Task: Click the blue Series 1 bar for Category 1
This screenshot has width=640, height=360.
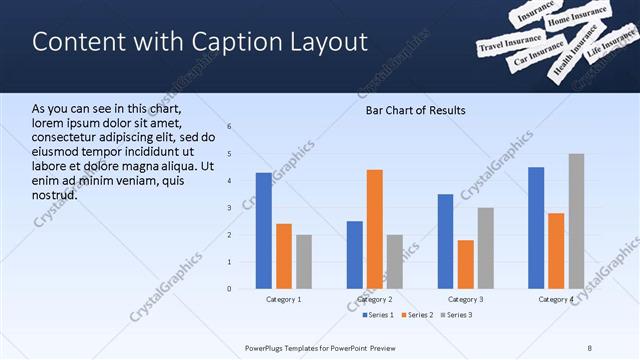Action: [263, 230]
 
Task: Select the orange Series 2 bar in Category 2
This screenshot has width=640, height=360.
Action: [375, 229]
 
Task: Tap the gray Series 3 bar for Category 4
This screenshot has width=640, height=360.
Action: [576, 221]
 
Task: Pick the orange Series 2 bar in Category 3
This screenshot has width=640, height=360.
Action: [466, 264]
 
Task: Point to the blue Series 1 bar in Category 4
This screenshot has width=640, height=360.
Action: [536, 228]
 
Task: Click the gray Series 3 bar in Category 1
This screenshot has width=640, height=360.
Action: [303, 261]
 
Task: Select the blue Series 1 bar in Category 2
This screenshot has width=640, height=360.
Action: [355, 255]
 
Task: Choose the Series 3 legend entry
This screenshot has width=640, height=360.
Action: [456, 315]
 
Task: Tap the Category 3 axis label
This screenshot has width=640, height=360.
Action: [466, 300]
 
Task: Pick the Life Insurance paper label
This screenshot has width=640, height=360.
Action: [609, 48]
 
